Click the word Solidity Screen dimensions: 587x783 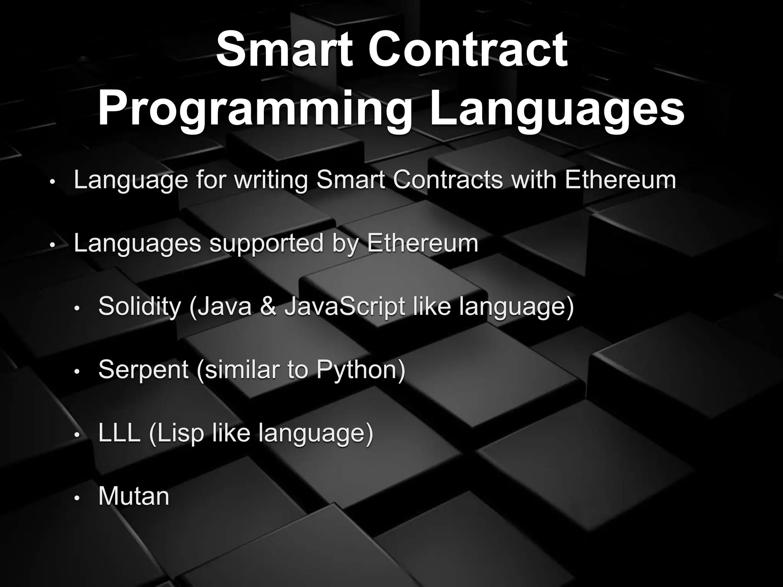tap(140, 306)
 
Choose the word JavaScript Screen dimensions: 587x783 tap(344, 306)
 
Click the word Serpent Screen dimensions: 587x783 tap(143, 370)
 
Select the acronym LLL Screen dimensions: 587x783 tap(119, 433)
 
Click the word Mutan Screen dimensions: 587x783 tap(133, 496)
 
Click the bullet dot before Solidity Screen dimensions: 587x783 tap(77, 308)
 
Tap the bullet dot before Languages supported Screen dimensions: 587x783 tap(53, 245)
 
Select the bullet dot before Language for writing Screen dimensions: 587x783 tap(53, 182)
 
